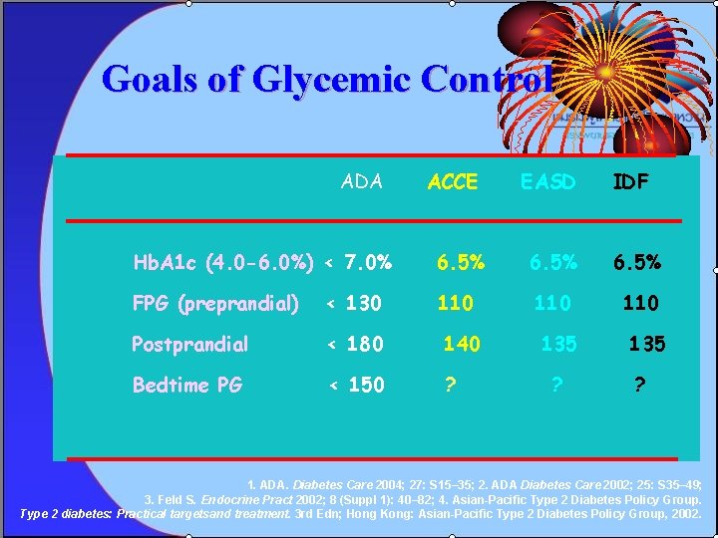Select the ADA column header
click(362, 181)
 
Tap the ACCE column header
click(453, 182)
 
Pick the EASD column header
click(547, 182)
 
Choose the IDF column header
click(629, 182)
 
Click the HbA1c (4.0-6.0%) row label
click(223, 263)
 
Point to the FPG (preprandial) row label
click(215, 303)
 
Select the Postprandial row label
click(189, 344)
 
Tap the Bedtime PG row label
click(186, 385)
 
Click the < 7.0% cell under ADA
click(359, 263)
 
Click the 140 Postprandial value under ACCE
click(462, 344)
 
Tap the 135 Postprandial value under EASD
click(558, 344)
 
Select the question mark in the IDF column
click(639, 385)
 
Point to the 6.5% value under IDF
click(635, 263)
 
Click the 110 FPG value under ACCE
click(455, 303)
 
